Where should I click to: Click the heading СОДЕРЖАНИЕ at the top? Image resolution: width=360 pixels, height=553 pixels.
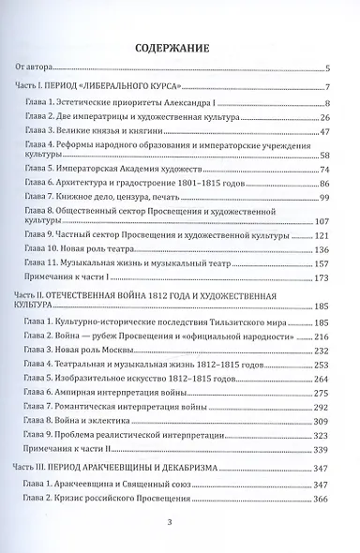pos(179,46)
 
